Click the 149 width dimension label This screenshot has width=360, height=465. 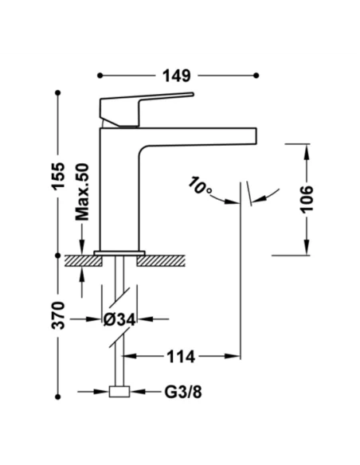point(177,76)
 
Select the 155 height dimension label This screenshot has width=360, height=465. point(58,175)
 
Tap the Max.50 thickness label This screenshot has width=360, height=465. point(82,192)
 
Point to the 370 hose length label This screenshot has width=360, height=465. point(58,315)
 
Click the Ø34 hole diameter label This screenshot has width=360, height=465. point(119,319)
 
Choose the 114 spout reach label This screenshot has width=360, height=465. point(181,357)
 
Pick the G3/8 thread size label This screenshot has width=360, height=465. point(183,392)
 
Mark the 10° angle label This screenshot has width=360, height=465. point(200,186)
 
